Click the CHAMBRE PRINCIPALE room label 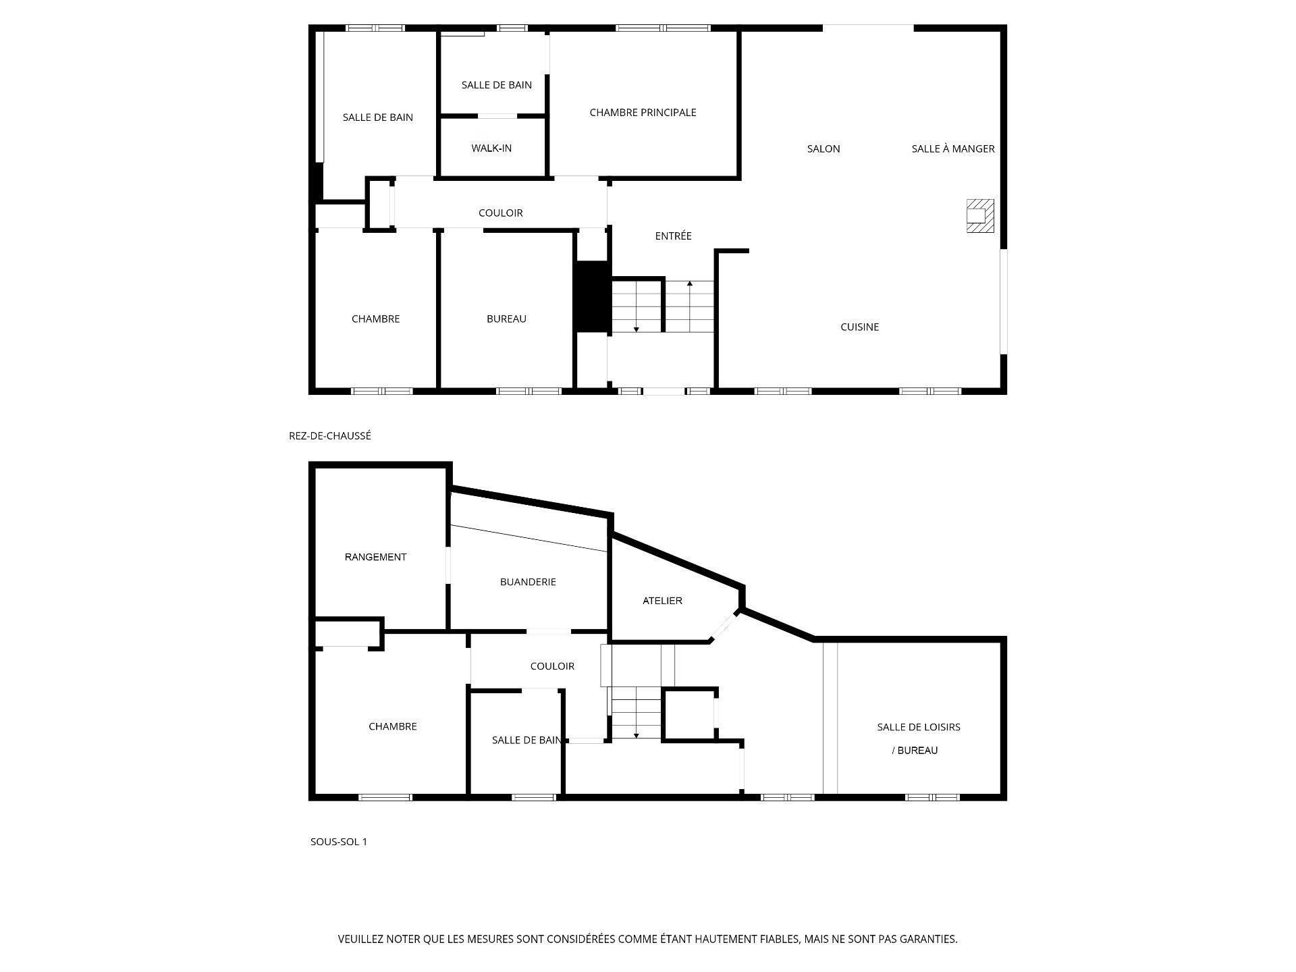tap(643, 113)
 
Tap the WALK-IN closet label tap(491, 148)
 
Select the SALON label tap(823, 149)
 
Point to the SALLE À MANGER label tap(953, 149)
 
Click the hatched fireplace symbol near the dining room tap(980, 215)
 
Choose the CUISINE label tap(859, 327)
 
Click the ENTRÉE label tap(673, 236)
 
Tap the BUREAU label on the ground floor tap(506, 319)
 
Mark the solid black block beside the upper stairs tap(592, 296)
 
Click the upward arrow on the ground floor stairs tap(689, 283)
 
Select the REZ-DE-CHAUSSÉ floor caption tap(330, 436)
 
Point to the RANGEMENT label tap(375, 558)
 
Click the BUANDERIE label tap(528, 582)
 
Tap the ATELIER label tap(662, 601)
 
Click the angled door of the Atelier tap(724, 626)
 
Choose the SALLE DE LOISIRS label tap(918, 728)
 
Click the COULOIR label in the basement tap(552, 666)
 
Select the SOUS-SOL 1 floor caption tap(339, 842)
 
